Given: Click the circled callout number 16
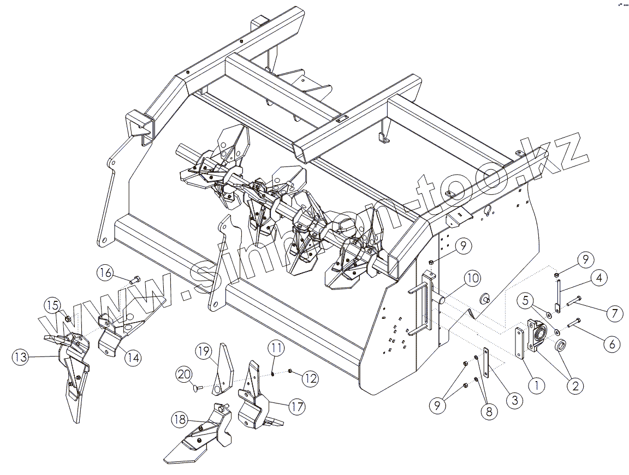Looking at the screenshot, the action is coord(107,271).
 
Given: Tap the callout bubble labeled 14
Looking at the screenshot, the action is coord(132,358).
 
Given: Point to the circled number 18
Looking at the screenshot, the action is coord(180,419).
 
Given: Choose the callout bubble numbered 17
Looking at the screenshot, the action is coord(296,406).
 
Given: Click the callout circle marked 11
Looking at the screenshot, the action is coord(276,347).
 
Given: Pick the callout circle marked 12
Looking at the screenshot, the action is coord(310,378).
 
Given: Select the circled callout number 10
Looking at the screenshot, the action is coord(472,278).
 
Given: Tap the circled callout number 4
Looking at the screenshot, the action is coord(599,278).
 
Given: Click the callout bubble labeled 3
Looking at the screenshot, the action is coord(514,401).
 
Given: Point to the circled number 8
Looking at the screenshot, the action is coord(488,411).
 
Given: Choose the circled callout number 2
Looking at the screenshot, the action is coord(574,386).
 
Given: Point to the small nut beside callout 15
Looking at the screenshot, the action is coord(68,318).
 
